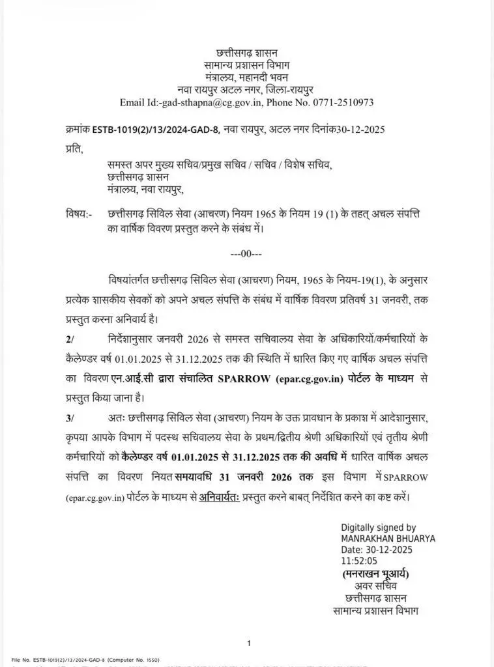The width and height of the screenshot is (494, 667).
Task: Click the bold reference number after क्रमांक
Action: point(160,130)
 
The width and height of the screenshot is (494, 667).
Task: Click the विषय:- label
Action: point(79,214)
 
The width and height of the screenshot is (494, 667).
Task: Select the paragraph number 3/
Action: point(70,418)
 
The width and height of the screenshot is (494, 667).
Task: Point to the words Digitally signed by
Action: point(378,528)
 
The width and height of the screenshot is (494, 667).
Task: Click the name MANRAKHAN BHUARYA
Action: point(388,539)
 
